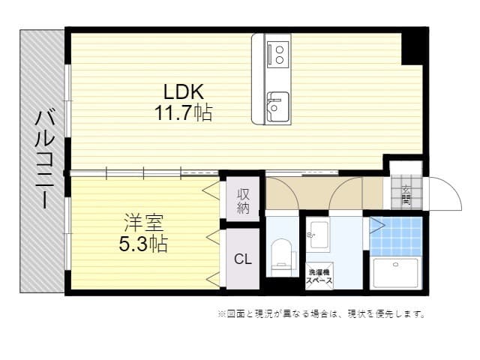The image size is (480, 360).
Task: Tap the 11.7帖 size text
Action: tap(184, 113)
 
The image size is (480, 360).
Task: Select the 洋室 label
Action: tap(143, 223)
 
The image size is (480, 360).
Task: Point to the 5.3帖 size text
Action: tap(142, 243)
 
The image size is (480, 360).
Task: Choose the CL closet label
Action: tap(242, 259)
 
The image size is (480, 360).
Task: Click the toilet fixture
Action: tap(282, 253)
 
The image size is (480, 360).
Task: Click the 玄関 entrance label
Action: tap(406, 195)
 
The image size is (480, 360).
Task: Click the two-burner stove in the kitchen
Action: tap(277, 53)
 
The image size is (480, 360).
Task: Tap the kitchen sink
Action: tap(277, 106)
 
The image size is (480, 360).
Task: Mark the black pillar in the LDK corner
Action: tap(412, 47)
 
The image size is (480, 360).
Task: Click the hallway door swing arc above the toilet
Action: tap(283, 193)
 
